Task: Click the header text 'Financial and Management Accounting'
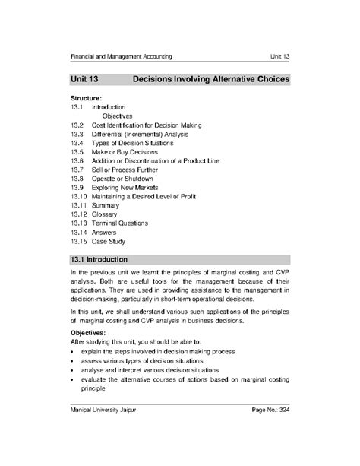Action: point(121,57)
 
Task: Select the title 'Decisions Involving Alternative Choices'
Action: point(210,78)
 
